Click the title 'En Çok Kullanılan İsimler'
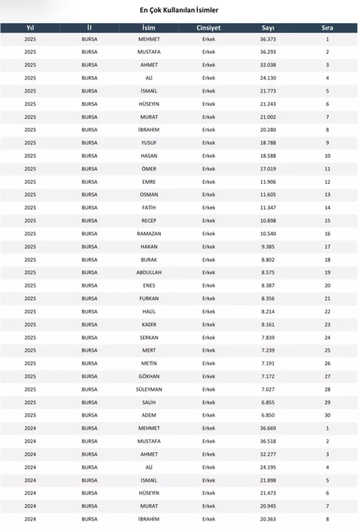pos(179,10)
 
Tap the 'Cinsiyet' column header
pos(208,28)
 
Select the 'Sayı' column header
pos(268,28)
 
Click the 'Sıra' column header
pos(327,28)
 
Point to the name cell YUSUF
pos(149,143)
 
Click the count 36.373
pos(268,39)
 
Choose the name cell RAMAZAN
pos(149,234)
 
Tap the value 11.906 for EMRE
pos(268,182)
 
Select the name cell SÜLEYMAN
pos(149,389)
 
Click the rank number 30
pos(327,415)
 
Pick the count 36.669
pos(268,428)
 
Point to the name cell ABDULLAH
pos(149,273)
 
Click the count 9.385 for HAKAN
pos(268,247)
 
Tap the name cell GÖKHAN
pos(149,376)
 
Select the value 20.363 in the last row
pos(268,519)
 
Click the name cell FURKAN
pos(149,299)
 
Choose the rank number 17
pos(327,247)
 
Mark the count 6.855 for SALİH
pos(268,402)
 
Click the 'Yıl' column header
pos(30,28)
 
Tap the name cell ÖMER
pos(149,169)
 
